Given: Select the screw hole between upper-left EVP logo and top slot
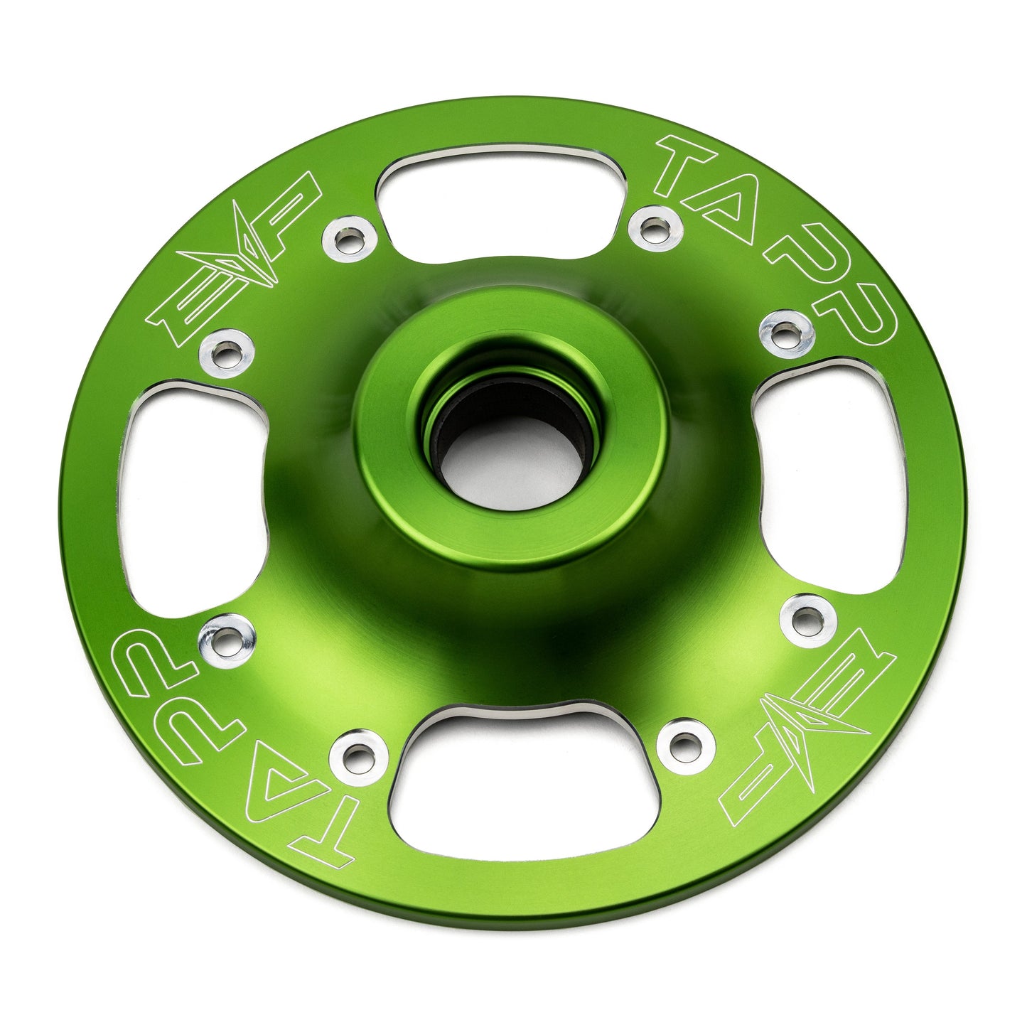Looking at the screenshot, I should click(348, 241).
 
